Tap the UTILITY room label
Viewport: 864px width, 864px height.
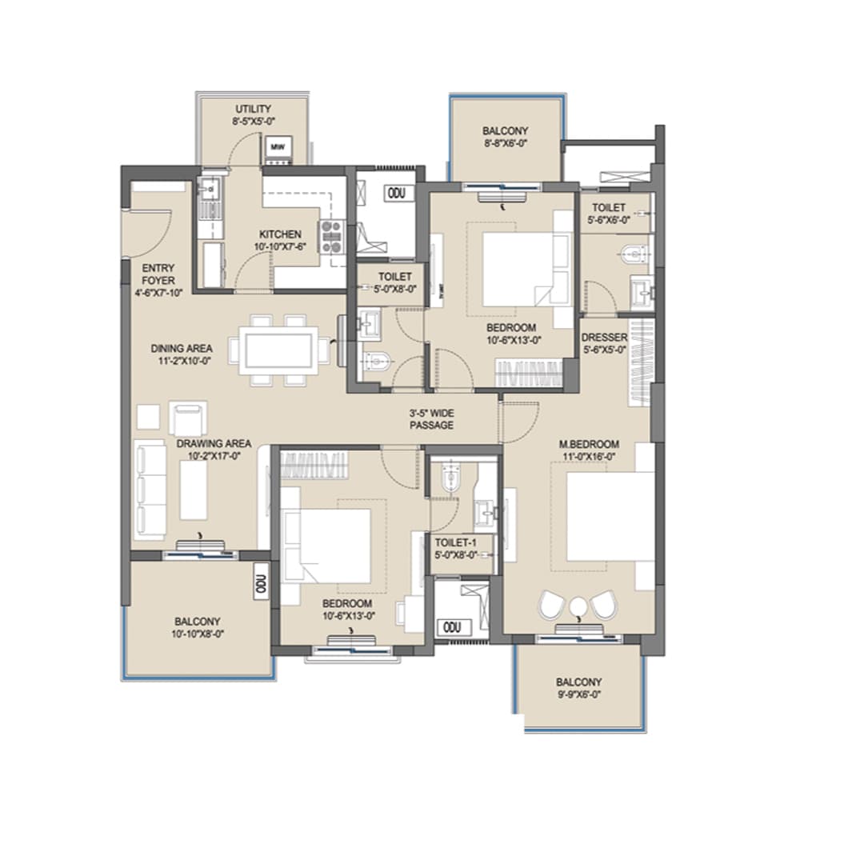253,109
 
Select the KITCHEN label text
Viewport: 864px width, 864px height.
279,234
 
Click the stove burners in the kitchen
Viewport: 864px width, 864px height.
331,238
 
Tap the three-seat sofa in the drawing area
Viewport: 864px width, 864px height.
150,489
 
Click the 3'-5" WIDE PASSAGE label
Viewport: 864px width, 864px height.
431,419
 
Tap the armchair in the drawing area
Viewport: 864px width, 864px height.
188,418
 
